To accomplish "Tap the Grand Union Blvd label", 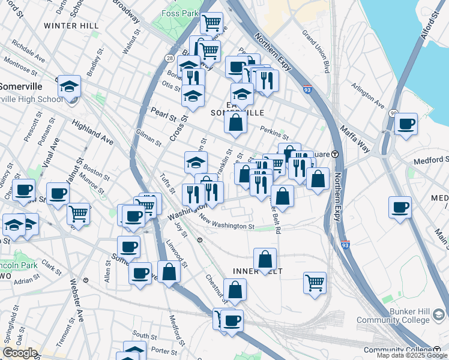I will click(x=316, y=51).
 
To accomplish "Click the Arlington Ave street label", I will click(x=367, y=95).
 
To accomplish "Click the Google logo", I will click(x=20, y=353).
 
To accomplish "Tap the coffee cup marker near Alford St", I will click(x=406, y=124).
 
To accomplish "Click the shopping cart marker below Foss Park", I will click(x=211, y=23).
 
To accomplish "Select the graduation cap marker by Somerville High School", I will click(x=69, y=86).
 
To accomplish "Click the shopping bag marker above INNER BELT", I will click(x=265, y=259).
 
